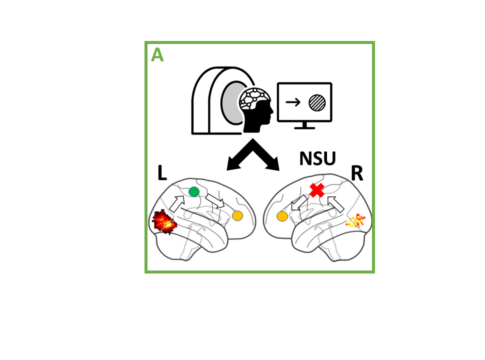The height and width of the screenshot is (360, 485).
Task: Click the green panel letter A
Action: click(157, 55)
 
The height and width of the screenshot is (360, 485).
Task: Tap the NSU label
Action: click(317, 159)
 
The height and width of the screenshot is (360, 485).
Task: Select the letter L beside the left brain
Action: click(162, 173)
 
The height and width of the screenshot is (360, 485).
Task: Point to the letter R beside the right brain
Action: click(357, 173)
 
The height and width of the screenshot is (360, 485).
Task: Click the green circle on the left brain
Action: click(194, 192)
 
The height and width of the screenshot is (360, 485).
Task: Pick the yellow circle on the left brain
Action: click(237, 216)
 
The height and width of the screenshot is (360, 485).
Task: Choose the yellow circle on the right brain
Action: click(282, 217)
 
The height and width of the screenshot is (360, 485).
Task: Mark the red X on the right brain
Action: click(317, 190)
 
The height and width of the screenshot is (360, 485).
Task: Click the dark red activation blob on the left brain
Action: click(164, 222)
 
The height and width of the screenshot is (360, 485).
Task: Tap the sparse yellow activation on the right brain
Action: click(356, 221)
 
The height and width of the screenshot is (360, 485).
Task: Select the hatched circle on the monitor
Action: click(317, 103)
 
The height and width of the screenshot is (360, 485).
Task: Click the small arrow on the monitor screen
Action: click(293, 102)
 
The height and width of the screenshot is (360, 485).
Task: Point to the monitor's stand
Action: click(304, 125)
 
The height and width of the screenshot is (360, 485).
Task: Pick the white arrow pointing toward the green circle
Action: click(177, 203)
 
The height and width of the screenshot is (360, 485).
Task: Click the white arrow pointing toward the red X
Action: click(335, 204)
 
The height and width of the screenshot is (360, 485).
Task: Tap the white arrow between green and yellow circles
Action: click(215, 201)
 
